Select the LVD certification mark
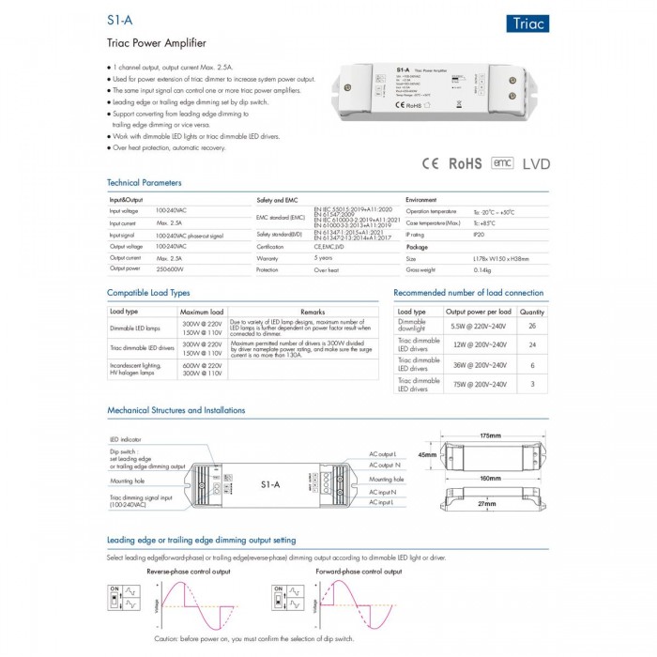[536, 163]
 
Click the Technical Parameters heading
[145, 182]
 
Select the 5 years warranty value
[323, 257]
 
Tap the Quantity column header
[532, 311]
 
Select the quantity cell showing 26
[532, 326]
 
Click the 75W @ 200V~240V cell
[478, 384]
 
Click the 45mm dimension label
[428, 455]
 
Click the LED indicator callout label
[127, 438]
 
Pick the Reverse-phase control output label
[189, 571]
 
